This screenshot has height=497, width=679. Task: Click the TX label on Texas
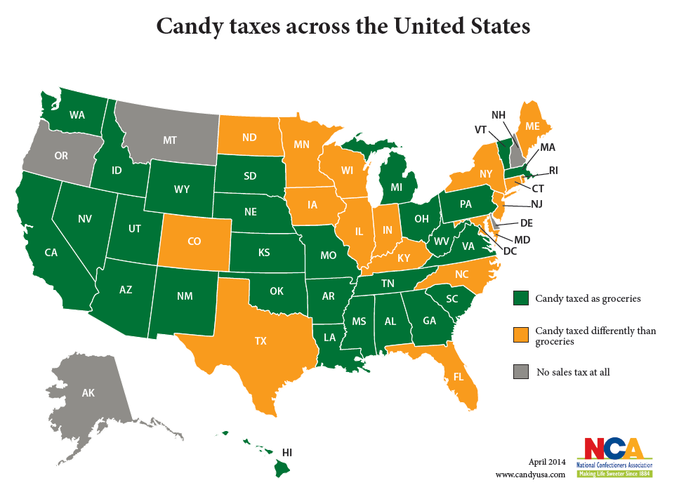coord(261,341)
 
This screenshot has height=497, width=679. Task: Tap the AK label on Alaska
coord(88,393)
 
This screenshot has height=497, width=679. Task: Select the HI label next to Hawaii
coord(287,451)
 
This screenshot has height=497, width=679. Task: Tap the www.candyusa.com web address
coord(530,475)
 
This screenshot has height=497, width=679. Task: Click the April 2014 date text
coord(546,461)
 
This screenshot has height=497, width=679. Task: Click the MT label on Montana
coord(169,140)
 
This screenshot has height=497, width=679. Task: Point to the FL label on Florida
coord(459,376)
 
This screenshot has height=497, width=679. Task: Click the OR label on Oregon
coord(61,156)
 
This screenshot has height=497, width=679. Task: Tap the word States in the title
coord(492,26)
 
